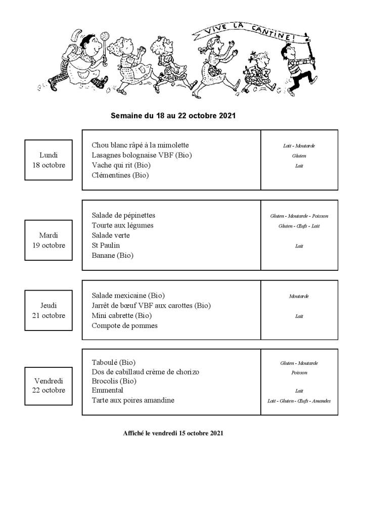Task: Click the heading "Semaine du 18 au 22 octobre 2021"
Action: click(173, 116)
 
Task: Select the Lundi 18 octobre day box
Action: click(49, 160)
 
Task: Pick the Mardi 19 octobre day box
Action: click(49, 240)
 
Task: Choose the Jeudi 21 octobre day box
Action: click(49, 310)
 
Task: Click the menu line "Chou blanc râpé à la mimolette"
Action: click(140, 145)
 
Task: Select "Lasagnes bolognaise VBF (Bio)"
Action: click(142, 155)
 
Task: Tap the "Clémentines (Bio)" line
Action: click(120, 175)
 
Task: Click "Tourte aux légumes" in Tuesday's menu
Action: click(122, 225)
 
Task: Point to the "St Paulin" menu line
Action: click(106, 246)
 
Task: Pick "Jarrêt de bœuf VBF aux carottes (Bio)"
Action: click(151, 306)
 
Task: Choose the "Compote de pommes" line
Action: click(124, 326)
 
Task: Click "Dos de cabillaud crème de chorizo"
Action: click(145, 372)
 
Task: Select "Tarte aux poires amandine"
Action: click(133, 400)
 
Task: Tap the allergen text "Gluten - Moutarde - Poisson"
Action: click(299, 216)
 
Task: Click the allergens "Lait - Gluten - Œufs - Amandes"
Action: click(299, 401)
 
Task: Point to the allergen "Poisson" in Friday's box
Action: click(299, 372)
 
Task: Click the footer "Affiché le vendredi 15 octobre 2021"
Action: click(173, 433)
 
